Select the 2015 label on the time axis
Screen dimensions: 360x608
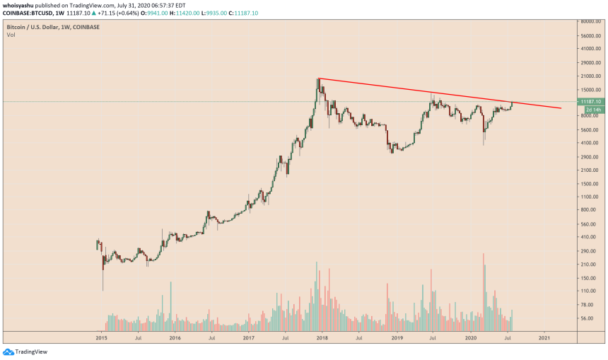point(100,339)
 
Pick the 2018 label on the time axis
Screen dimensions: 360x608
point(322,339)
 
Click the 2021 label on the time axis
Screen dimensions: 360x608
point(544,339)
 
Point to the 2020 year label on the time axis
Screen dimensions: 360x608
point(469,339)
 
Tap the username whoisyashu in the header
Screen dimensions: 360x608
point(21,4)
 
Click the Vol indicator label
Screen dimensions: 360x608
point(11,34)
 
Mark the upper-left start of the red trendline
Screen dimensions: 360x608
point(319,78)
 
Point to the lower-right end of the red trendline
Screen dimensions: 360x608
point(561,108)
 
